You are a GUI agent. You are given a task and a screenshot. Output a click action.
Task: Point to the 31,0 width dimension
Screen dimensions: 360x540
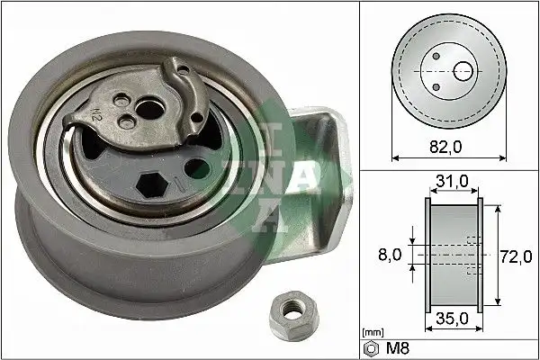point(452,183)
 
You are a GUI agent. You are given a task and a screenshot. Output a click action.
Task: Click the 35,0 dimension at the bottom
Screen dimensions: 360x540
point(452,318)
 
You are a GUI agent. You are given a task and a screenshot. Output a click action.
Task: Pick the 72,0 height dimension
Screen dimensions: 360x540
point(515,257)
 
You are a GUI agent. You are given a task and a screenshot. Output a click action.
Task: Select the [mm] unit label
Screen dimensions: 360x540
point(371,332)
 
